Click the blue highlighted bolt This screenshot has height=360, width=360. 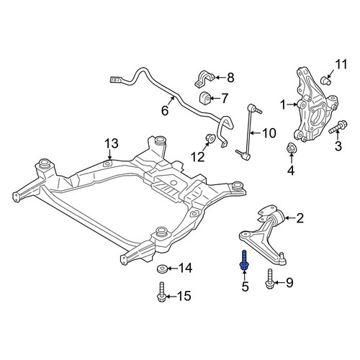[x=244, y=261]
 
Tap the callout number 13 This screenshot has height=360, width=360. [x=112, y=143]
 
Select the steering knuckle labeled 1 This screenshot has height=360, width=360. [x=316, y=105]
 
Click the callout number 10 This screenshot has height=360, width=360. [x=269, y=133]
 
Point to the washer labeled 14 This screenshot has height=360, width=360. [x=161, y=269]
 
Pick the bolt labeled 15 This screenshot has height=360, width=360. [x=161, y=292]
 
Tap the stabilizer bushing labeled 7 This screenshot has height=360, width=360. [x=204, y=97]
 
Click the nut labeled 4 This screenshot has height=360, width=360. [x=292, y=148]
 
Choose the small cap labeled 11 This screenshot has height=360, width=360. [x=326, y=81]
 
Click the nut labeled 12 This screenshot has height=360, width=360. [x=210, y=138]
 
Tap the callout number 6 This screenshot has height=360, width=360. [x=165, y=111]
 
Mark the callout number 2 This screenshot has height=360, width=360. [x=300, y=218]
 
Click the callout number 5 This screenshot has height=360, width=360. [x=245, y=287]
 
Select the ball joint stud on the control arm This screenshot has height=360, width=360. [x=283, y=259]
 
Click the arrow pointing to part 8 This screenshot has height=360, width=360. [x=220, y=77]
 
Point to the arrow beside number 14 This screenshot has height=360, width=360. [x=172, y=269]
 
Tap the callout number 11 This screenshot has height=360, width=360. [x=341, y=65]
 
